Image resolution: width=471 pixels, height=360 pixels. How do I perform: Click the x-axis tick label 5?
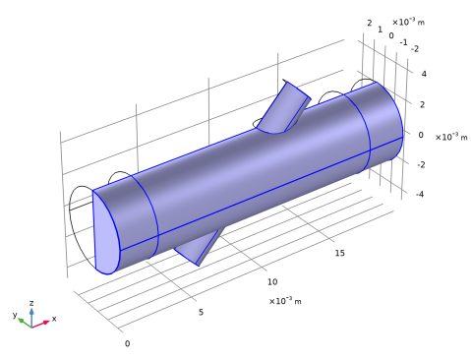click(201, 312)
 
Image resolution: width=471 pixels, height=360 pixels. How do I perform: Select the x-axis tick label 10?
click(272, 282)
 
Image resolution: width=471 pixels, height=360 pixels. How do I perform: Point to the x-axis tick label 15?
click(340, 253)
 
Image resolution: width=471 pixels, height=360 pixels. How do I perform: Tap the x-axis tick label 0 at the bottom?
click(127, 343)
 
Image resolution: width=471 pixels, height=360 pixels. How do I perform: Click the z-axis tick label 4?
click(424, 74)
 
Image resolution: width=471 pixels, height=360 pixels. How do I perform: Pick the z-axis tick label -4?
click(420, 194)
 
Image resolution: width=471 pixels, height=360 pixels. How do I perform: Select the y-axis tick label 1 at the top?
click(380, 30)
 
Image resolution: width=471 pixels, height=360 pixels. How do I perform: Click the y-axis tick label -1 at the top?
click(404, 42)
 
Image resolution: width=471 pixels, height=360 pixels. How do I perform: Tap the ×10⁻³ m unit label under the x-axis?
click(285, 300)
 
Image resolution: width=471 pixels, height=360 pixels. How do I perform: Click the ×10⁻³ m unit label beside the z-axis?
click(451, 137)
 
